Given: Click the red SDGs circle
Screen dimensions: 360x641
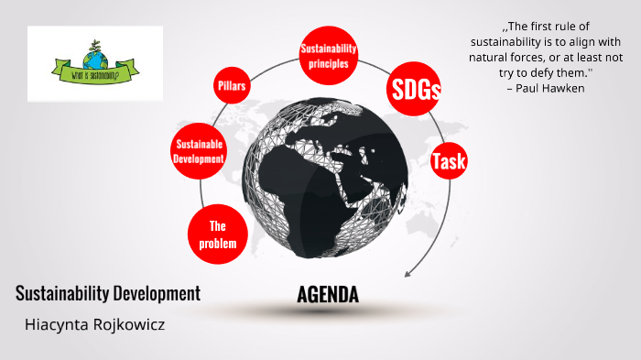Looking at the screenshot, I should [416, 89].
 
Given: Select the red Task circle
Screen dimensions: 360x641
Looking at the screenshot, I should [449, 162].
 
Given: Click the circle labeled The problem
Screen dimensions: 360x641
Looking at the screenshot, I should [217, 235].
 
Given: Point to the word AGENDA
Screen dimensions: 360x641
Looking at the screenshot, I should [328, 294].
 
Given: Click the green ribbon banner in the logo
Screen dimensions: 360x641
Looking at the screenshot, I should [94, 72].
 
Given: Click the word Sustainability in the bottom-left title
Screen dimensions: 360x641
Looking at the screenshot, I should [62, 294].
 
